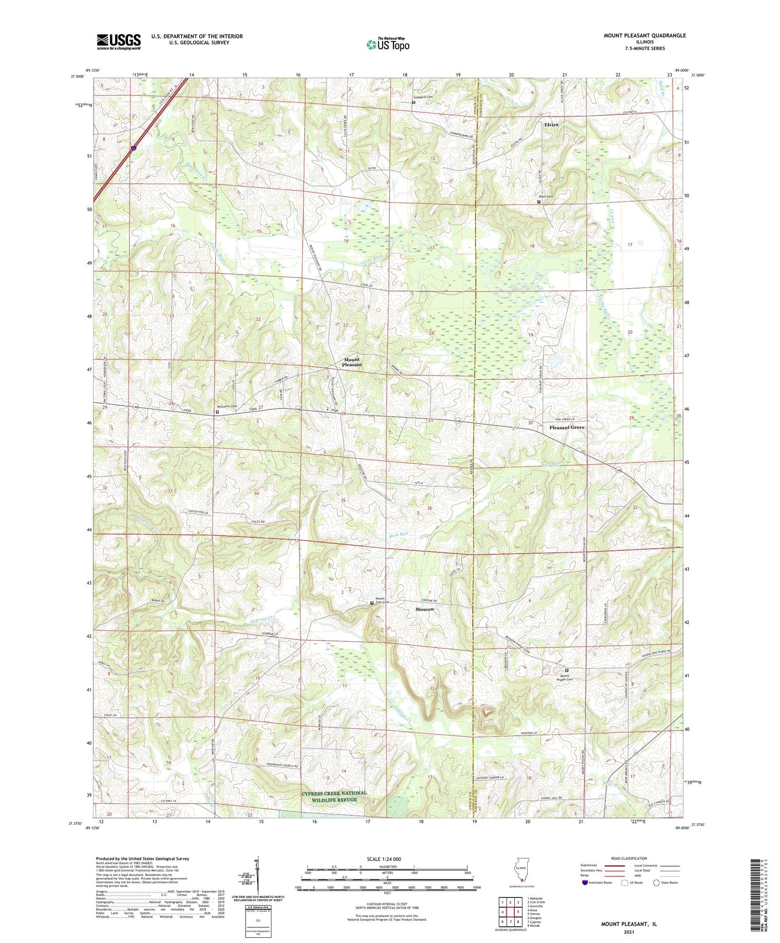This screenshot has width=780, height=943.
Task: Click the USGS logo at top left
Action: (119, 42)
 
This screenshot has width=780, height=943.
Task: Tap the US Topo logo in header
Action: (387, 44)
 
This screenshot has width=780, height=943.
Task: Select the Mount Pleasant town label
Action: (352, 362)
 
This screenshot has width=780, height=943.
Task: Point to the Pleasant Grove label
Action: (567, 427)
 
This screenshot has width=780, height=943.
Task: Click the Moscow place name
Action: (425, 609)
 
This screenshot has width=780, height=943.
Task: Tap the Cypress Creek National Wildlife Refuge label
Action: (335, 796)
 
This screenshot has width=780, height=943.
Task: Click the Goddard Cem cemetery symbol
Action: (413, 102)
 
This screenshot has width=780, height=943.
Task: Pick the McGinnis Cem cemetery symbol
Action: (217, 412)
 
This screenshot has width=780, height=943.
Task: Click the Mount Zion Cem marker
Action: (371, 603)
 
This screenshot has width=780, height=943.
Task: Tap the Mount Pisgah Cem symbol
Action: (567, 670)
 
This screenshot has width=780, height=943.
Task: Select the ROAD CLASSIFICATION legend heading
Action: (629, 858)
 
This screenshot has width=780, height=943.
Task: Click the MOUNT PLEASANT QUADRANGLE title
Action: (644, 35)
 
